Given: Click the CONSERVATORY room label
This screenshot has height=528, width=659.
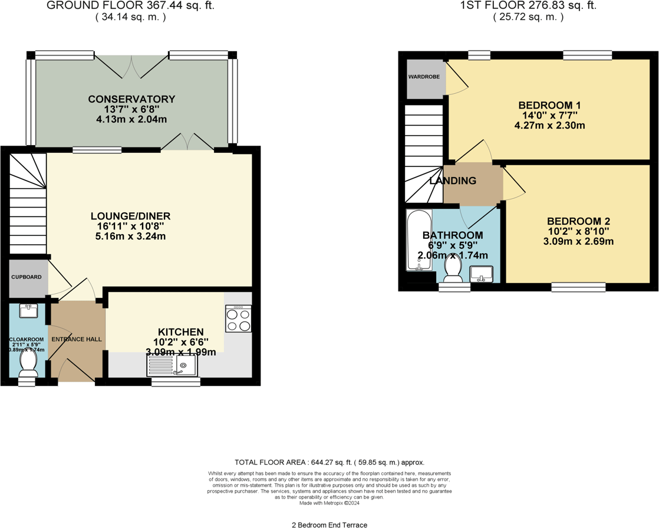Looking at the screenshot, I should (131, 99).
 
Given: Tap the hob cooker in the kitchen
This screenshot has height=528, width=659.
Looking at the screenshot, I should (238, 319).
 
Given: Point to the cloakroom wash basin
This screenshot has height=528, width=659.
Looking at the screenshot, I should (28, 310).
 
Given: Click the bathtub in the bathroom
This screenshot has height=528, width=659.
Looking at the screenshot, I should (419, 240).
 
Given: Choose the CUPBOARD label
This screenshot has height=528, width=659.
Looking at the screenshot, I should (26, 276).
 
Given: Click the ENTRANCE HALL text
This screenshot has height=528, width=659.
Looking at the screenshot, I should (77, 339).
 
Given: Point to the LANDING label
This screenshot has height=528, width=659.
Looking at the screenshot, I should (453, 181).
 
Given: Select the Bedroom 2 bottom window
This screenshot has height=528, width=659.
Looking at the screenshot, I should (578, 287).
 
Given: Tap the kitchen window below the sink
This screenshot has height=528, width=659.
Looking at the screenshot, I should (176, 382).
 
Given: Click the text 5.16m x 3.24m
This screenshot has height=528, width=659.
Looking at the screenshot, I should (131, 237).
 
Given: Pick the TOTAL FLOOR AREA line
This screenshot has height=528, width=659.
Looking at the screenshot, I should (329, 463).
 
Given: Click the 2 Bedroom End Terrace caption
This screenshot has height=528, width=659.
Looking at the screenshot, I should (329, 524).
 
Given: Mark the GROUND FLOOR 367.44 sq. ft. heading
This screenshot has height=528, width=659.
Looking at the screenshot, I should (130, 6).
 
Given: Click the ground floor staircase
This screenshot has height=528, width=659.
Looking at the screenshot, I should (28, 204).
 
